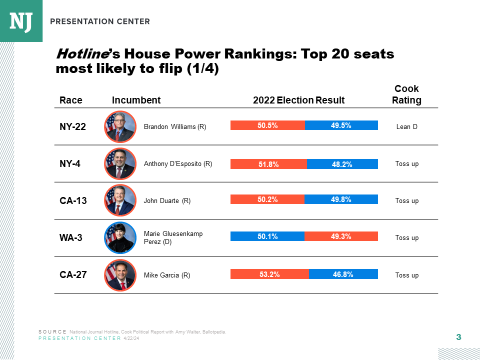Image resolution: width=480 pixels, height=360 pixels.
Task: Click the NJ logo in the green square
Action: [x=21, y=21]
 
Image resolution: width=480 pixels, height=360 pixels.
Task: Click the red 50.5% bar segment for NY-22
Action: [x=267, y=125]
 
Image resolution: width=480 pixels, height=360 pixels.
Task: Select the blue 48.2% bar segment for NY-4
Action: [x=342, y=164]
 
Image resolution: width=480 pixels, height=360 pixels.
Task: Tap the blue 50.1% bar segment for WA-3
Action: [x=267, y=236]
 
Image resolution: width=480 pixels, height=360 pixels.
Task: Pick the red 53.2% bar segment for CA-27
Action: [x=269, y=274]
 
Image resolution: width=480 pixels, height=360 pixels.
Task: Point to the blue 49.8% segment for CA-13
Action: [x=341, y=199]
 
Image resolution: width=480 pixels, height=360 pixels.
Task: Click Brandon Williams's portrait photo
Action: [x=120, y=126]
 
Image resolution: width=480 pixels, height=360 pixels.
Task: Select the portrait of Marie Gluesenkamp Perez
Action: [x=120, y=237]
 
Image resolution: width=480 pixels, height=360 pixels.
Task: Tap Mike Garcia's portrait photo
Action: [x=120, y=275]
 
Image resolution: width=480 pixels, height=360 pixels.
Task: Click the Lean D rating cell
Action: [x=406, y=127]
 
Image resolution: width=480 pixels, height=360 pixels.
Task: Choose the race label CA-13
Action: [x=73, y=201]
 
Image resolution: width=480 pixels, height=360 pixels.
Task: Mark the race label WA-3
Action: [x=71, y=238]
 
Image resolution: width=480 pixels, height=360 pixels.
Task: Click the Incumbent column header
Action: [x=136, y=100]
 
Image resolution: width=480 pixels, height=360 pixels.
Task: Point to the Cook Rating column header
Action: [x=406, y=94]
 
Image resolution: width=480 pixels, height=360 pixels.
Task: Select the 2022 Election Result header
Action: [x=298, y=100]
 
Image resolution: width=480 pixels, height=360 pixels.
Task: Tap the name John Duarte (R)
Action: [x=167, y=201]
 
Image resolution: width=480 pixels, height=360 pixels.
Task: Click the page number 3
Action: [x=458, y=337]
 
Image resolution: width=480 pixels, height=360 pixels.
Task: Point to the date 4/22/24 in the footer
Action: [x=131, y=338]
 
